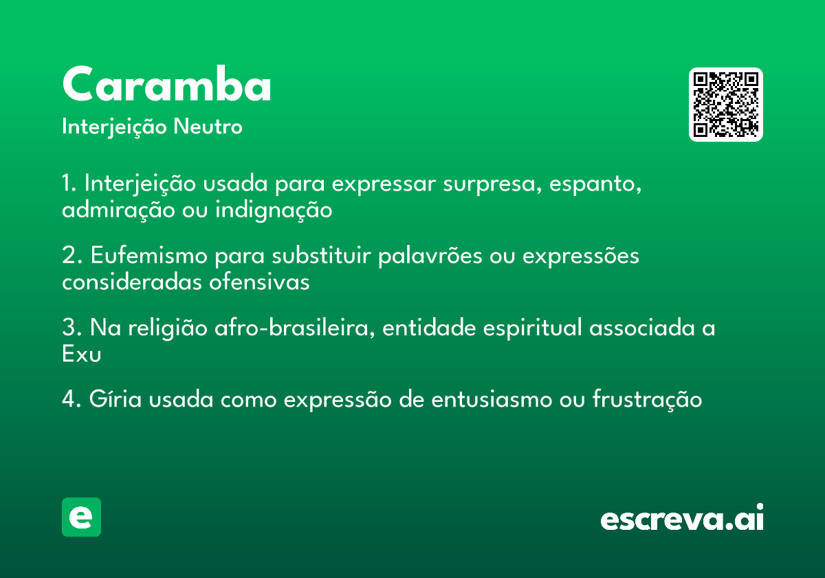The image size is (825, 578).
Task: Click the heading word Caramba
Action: pos(166,85)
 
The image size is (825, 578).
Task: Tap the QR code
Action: pos(726,105)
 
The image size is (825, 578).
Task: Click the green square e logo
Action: pos(81,517)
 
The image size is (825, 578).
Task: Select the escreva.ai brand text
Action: pos(682,519)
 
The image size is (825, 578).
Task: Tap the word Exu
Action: pos(81,354)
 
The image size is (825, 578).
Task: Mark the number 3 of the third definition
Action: pos(67,328)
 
